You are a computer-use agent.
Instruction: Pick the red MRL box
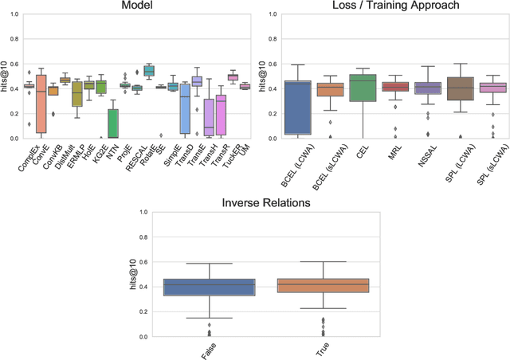pos(395,86)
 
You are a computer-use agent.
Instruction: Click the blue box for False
pos(209,288)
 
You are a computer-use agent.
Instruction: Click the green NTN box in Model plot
pos(112,123)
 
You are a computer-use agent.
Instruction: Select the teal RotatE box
pos(148,71)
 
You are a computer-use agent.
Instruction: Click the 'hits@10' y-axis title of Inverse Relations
pos(132,275)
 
